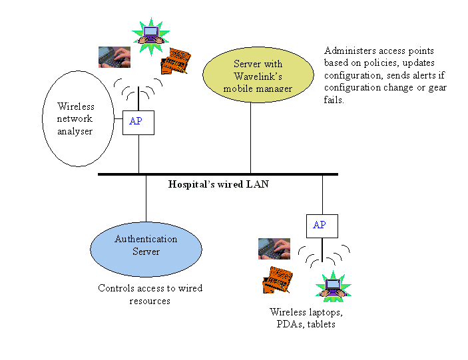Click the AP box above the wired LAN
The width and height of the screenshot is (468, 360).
[138, 122]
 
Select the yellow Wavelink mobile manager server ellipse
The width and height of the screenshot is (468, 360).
[250, 76]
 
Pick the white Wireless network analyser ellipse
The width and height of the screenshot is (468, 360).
[75, 118]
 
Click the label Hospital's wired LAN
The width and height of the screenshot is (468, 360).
[218, 184]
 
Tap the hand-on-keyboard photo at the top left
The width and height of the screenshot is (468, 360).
[115, 57]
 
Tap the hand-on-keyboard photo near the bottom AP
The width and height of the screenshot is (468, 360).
[274, 249]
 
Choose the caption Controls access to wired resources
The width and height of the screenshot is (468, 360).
[150, 295]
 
